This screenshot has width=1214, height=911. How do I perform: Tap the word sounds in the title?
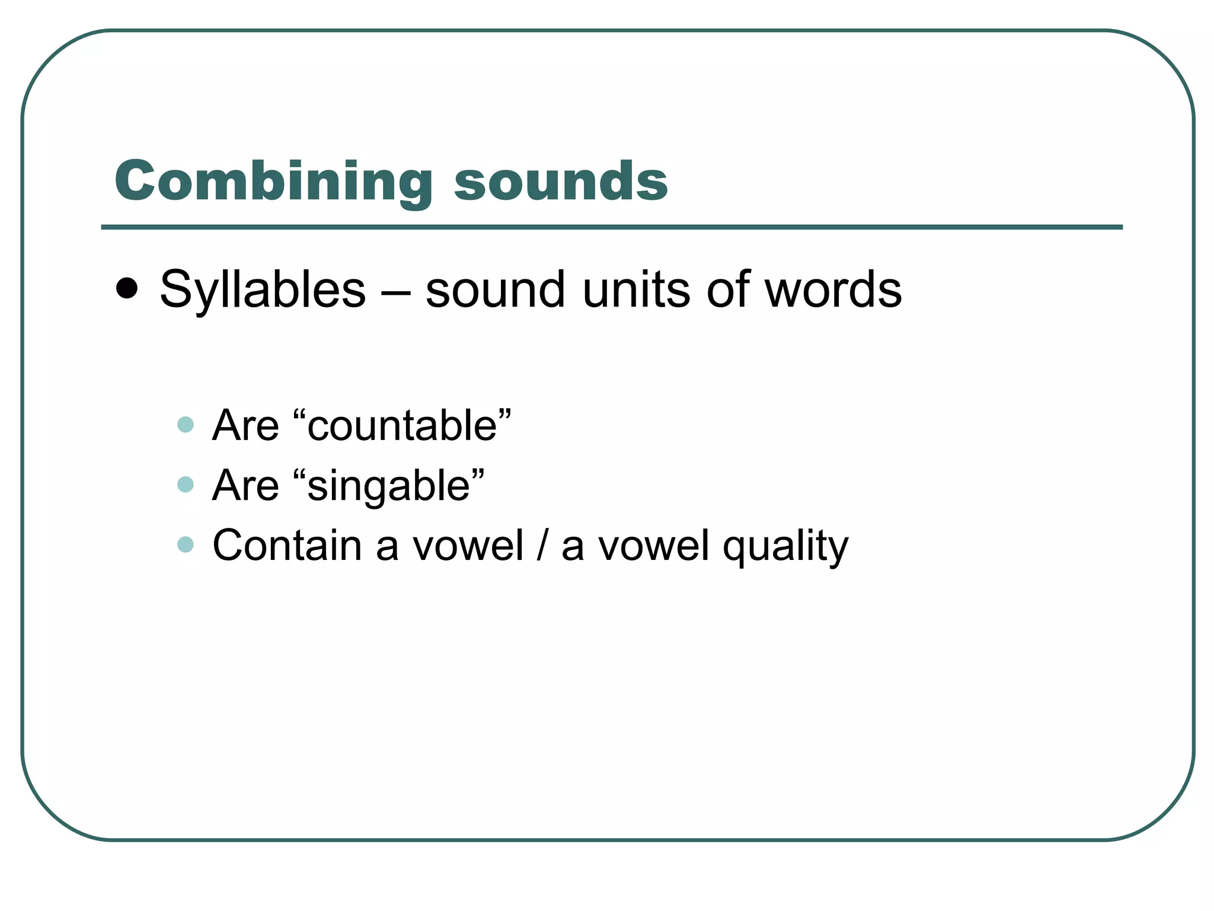pyautogui.click(x=561, y=181)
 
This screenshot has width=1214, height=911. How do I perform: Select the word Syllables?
pyautogui.click(x=263, y=291)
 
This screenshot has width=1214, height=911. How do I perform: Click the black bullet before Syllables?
pyautogui.click(x=127, y=289)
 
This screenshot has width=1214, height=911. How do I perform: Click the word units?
pyautogui.click(x=636, y=291)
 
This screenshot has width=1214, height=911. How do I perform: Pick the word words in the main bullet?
pyautogui.click(x=833, y=291)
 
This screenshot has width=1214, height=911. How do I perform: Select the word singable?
pyautogui.click(x=389, y=486)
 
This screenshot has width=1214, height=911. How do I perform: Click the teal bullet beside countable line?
pyautogui.click(x=186, y=425)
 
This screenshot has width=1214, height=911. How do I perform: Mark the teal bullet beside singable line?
pyautogui.click(x=186, y=485)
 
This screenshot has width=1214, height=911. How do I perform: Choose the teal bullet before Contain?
pyautogui.click(x=186, y=544)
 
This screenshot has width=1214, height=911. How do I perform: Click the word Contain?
pyautogui.click(x=287, y=546)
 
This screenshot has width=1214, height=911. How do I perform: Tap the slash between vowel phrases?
pyautogui.click(x=542, y=546)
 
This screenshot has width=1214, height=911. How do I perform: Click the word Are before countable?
pyautogui.click(x=245, y=426)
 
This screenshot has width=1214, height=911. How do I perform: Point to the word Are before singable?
pyautogui.click(x=245, y=486)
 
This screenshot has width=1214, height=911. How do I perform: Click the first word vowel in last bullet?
pyautogui.click(x=468, y=546)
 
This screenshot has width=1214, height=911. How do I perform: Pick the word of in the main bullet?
pyautogui.click(x=727, y=291)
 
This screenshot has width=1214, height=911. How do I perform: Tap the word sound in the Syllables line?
pyautogui.click(x=495, y=291)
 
